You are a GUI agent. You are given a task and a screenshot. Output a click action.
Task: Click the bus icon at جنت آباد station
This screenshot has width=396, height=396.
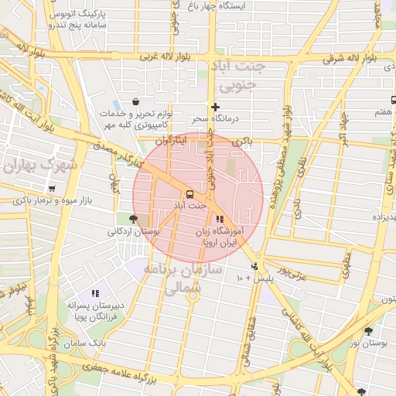coord(189,193)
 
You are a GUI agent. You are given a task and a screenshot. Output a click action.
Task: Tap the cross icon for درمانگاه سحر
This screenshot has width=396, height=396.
coord(215,107)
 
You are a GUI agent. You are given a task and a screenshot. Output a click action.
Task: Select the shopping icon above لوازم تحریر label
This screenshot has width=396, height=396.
coord(136,101)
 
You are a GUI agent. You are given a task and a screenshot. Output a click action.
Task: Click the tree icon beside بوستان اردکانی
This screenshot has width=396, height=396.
coord(135,219)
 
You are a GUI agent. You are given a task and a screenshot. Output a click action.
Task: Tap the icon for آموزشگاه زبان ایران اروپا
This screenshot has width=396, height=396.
coord(220,219)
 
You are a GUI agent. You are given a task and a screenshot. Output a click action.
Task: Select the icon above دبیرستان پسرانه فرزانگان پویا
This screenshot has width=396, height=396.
coord(95,293)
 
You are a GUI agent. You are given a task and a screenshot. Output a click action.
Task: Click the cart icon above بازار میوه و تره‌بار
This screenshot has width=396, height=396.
coord(52,188)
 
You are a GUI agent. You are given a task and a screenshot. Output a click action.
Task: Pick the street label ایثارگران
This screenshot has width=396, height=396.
coord(172,142)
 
